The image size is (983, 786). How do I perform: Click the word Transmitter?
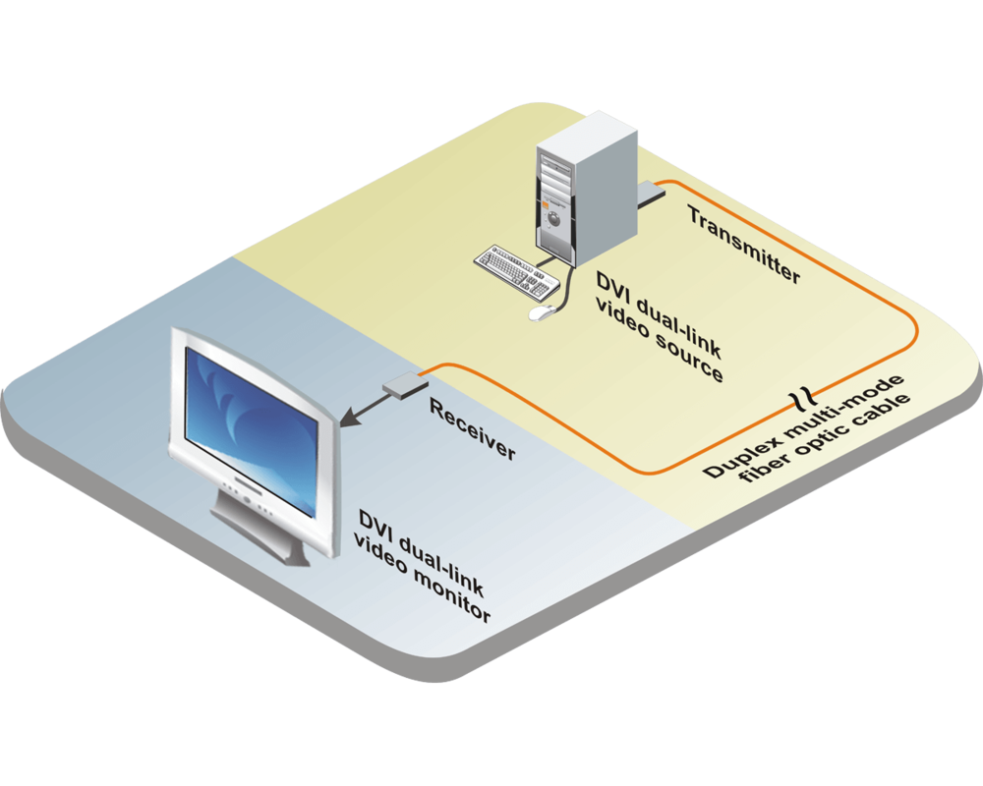coord(743,245)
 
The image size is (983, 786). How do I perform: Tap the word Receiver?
coord(472,428)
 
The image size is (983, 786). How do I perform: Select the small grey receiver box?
coord(401,386)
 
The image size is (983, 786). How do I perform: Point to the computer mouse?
coord(540,312)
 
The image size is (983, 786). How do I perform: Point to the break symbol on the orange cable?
coord(805,397)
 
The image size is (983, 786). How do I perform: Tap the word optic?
coord(832,433)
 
